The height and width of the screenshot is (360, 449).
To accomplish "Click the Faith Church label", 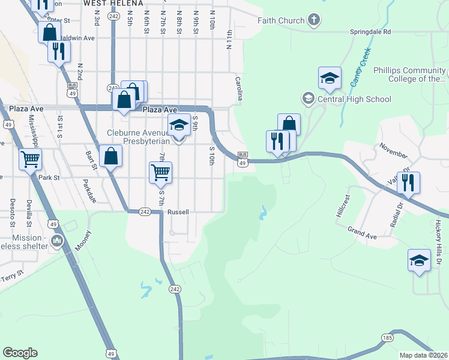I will coord(281,20).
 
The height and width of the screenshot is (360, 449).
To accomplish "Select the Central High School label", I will coord(354,100).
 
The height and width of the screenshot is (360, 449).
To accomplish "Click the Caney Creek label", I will coord(363,64).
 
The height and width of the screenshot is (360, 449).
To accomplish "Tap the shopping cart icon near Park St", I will coord(30,159).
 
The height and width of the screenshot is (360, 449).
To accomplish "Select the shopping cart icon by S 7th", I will coord(160,172).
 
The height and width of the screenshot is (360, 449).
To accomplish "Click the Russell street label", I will coord(178,212).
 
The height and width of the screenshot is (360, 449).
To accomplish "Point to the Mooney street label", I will coord(83,241).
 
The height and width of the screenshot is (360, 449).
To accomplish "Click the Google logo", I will coord(20,353).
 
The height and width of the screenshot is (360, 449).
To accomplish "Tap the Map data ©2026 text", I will coord(424,355).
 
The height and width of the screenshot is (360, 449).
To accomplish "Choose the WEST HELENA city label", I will coord(107,3).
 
